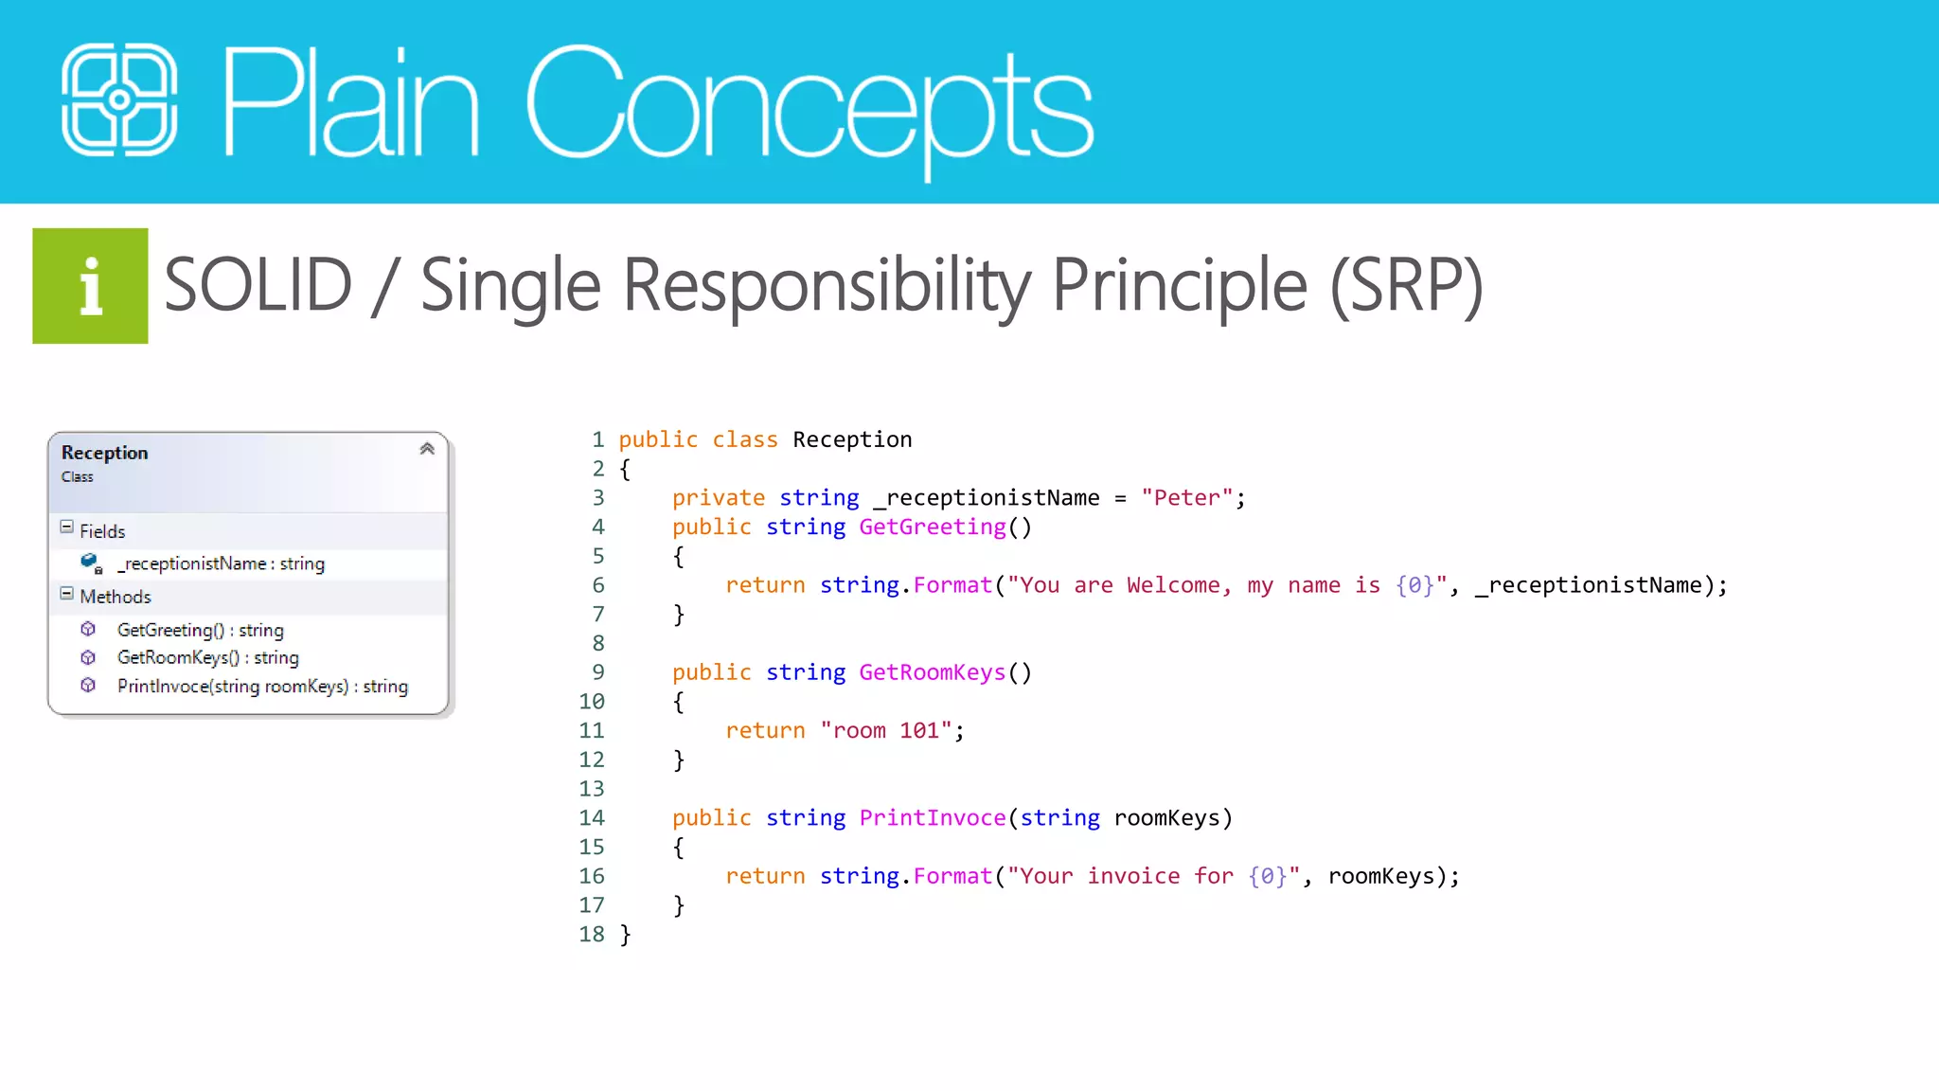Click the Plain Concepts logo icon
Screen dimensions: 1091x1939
(119, 99)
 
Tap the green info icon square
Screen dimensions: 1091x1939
(90, 286)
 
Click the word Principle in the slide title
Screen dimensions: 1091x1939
(1180, 285)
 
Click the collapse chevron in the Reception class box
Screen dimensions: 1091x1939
(427, 449)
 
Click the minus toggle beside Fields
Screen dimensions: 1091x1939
(66, 527)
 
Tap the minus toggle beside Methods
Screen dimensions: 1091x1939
(66, 593)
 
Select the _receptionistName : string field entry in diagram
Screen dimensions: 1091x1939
(221, 563)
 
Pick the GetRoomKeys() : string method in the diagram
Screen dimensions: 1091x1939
(207, 657)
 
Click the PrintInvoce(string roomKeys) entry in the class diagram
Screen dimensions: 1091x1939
(262, 686)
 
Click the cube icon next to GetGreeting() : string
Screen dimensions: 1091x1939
(88, 629)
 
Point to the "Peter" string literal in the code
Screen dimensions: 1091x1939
(1187, 497)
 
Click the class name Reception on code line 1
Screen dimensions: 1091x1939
(852, 439)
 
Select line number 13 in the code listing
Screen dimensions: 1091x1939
(592, 788)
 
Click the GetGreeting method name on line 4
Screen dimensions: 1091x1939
(933, 527)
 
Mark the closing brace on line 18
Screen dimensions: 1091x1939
(625, 935)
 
